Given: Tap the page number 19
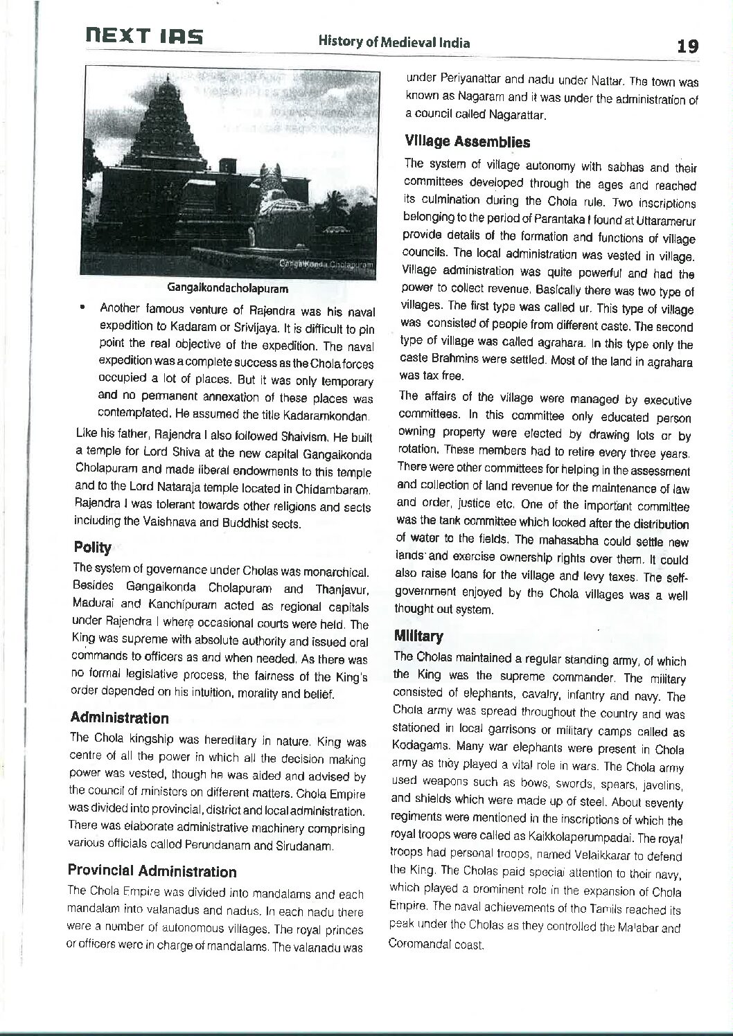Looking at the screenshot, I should pos(688,46).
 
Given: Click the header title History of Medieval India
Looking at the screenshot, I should pos(394,43).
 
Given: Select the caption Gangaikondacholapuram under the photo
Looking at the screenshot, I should pos(227,287).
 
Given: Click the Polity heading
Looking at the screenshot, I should pos(93,548).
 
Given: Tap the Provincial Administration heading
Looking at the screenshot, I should pos(152,871).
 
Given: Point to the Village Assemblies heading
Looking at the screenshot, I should pos(468,142).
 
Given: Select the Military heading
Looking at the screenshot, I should pos(418,636).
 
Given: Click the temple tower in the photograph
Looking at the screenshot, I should pos(159,139).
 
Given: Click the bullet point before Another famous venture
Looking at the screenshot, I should pos(83,306).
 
